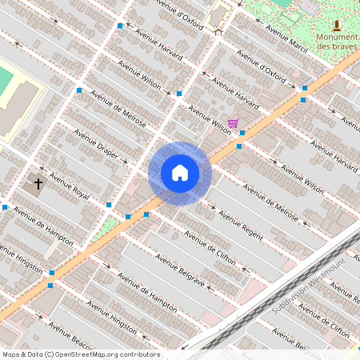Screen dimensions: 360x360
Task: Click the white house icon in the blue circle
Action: point(180,173)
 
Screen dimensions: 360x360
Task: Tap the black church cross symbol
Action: point(38,184)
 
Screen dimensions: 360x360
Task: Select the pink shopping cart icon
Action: point(233,123)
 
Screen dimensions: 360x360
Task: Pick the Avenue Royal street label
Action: point(70,185)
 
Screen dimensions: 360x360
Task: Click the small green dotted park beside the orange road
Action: point(103,231)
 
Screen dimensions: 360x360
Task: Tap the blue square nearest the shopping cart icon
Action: point(242,133)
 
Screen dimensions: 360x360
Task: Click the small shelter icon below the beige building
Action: point(218,31)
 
